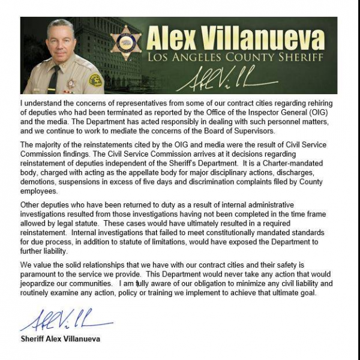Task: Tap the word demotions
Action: pyautogui.click(x=40, y=182)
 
